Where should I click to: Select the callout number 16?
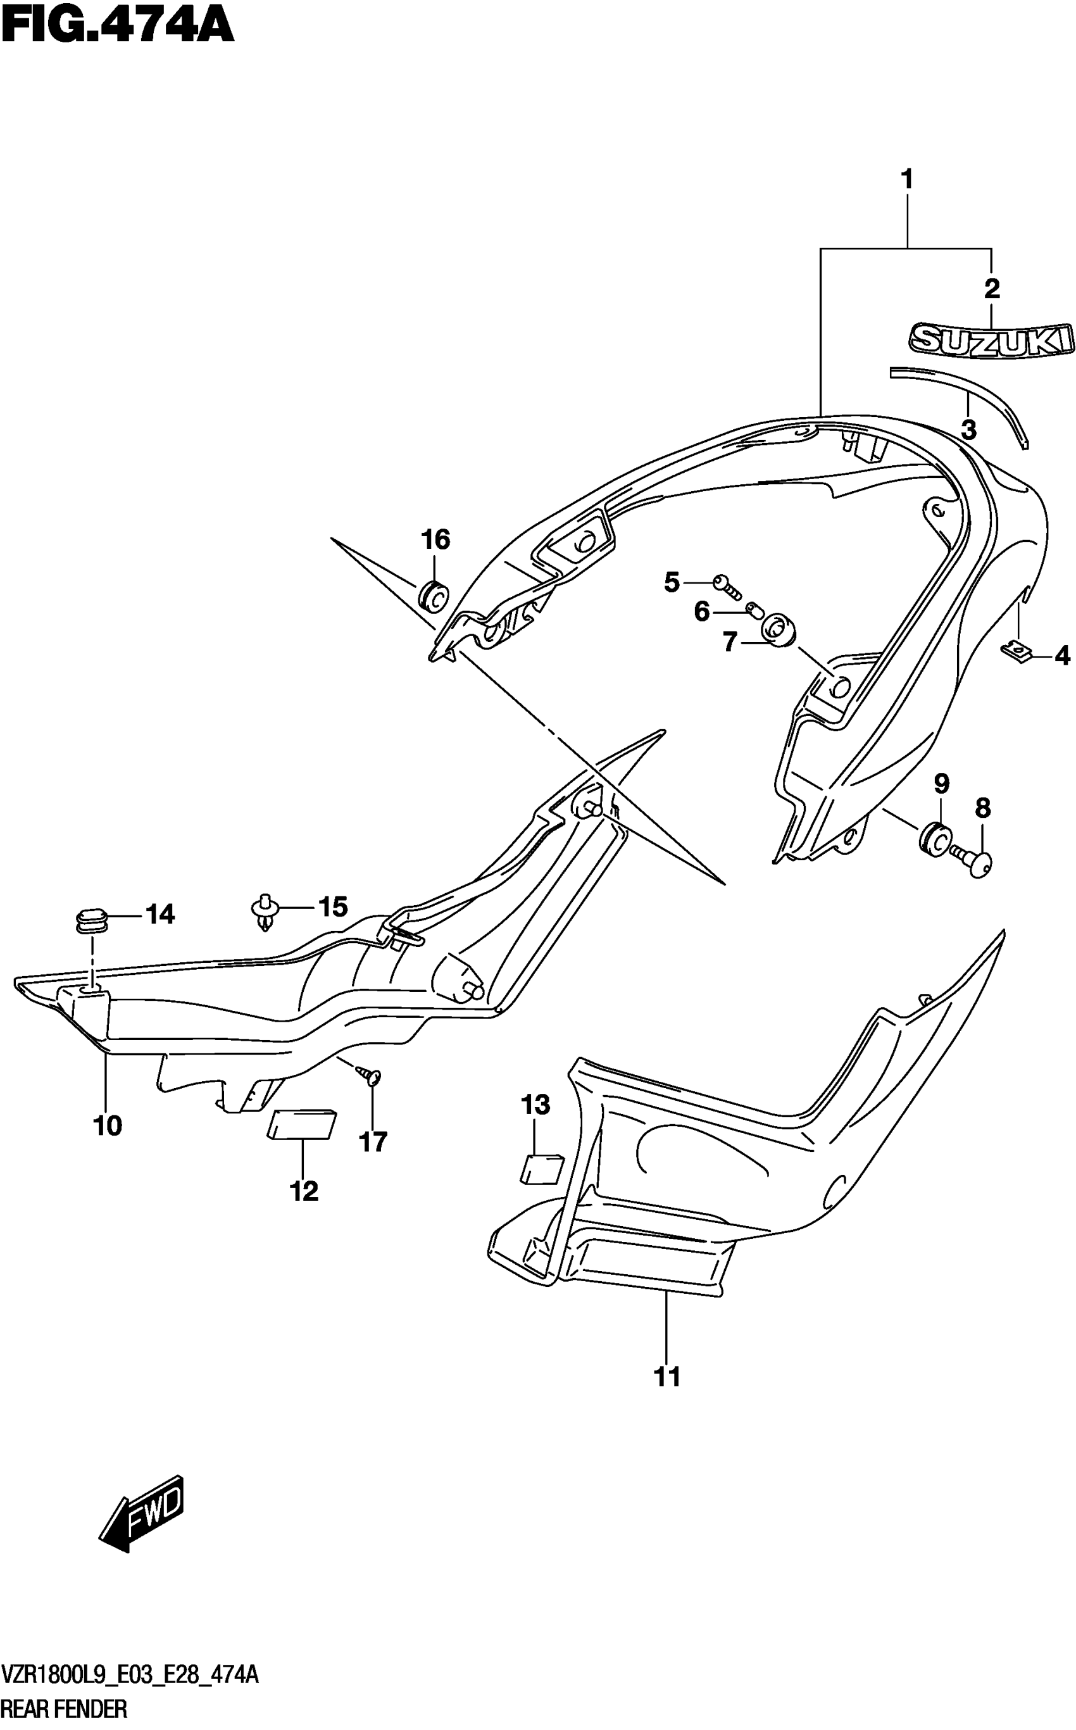[435, 540]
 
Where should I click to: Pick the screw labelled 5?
[727, 585]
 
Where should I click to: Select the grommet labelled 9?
[933, 837]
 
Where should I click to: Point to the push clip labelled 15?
[264, 910]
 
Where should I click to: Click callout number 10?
[108, 1126]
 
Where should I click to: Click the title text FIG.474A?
[118, 27]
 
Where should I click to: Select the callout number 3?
[968, 430]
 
